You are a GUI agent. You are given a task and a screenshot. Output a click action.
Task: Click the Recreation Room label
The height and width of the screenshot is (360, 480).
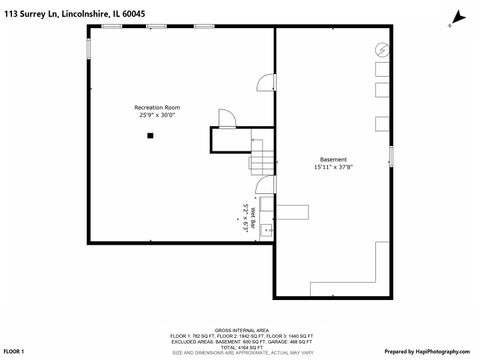click(x=157, y=107)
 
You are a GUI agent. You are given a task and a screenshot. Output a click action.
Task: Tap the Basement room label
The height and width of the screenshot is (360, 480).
click(x=333, y=160)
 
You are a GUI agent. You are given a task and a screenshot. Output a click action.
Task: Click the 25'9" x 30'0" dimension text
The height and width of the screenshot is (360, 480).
click(x=157, y=115)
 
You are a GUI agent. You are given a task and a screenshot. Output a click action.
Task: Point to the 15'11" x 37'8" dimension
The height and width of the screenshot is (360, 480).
click(x=333, y=168)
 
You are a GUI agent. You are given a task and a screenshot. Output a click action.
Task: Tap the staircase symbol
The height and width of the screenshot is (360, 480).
click(x=260, y=156)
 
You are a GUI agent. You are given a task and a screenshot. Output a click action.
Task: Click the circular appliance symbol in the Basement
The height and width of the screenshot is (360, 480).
click(x=380, y=50)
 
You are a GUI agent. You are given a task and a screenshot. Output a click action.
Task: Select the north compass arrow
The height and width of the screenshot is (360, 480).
click(x=457, y=17)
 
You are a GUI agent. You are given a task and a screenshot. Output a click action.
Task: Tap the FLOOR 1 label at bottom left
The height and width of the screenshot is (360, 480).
click(x=15, y=352)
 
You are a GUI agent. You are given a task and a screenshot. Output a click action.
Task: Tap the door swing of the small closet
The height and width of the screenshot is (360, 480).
click(x=226, y=118)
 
